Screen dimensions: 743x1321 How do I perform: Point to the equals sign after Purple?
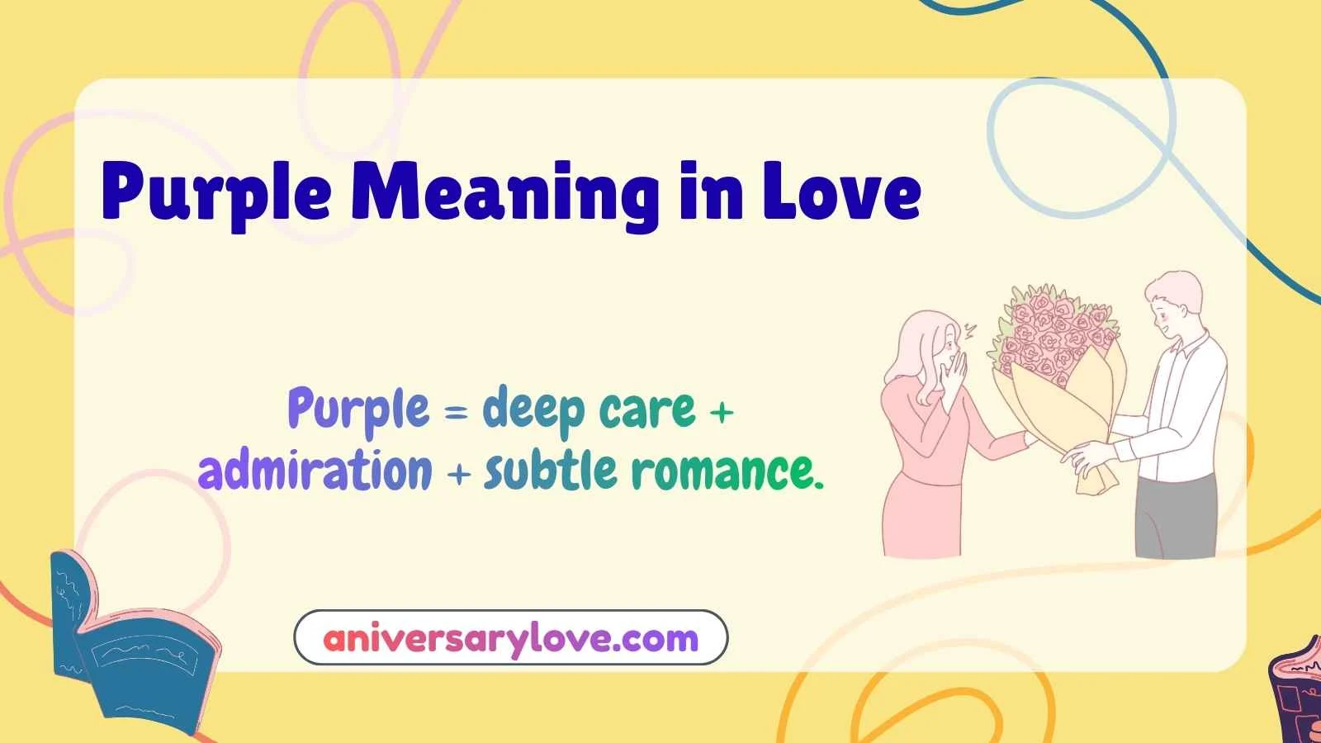(456, 410)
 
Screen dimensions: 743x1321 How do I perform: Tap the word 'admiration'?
(315, 471)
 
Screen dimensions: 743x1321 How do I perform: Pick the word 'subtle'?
(550, 471)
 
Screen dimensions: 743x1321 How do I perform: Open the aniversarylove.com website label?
(510, 638)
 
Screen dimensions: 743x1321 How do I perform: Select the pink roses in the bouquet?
(1053, 330)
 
